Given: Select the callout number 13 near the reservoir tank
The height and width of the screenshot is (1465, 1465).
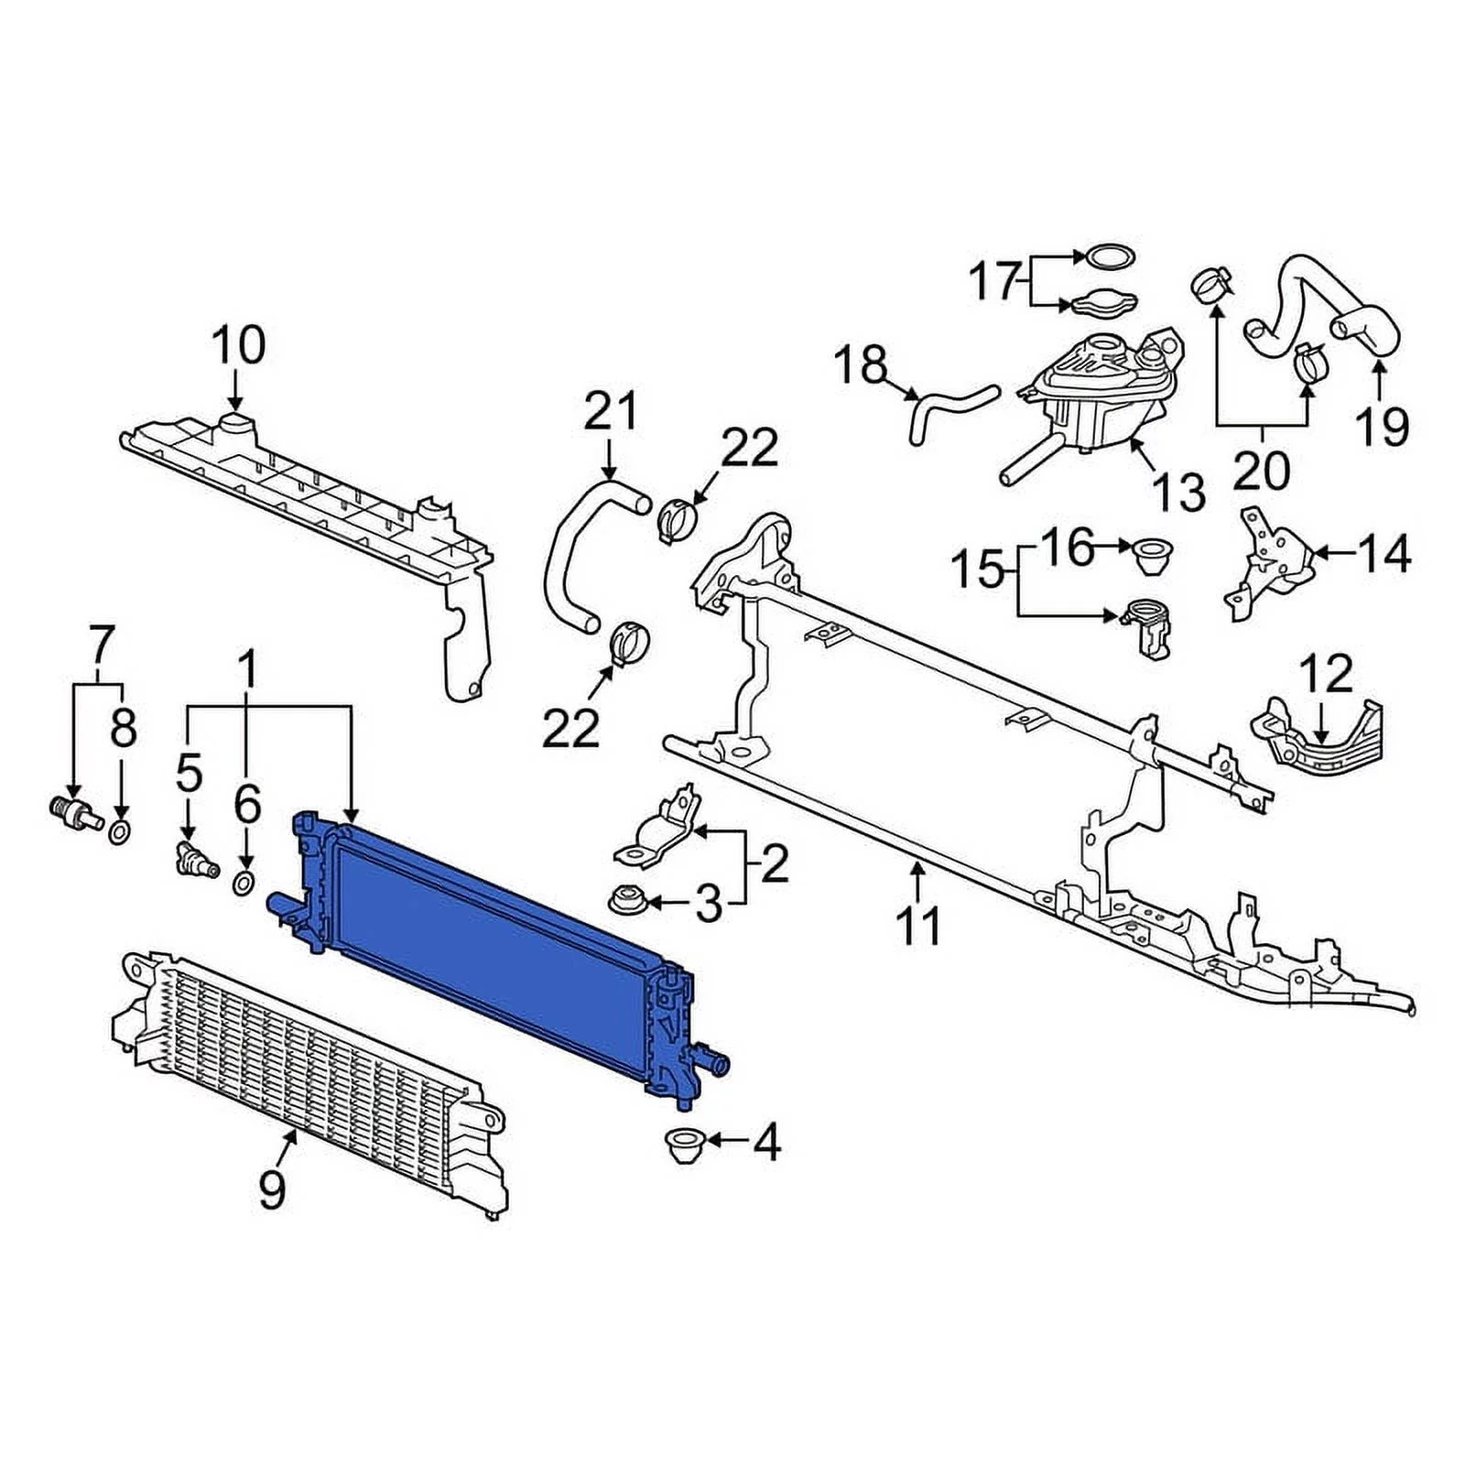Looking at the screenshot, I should tap(1180, 494).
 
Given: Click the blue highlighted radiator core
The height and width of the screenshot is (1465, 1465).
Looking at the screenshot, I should tap(494, 943).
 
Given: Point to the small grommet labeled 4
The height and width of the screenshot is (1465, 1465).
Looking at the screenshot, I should tap(679, 1145).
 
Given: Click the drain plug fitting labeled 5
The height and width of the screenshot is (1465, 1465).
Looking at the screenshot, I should tap(195, 858).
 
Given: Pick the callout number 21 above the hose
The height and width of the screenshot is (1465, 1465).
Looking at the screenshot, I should tap(611, 411).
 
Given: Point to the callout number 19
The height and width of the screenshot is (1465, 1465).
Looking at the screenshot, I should tap(1381, 425).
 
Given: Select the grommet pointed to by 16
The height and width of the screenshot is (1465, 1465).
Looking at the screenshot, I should tap(1148, 555).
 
